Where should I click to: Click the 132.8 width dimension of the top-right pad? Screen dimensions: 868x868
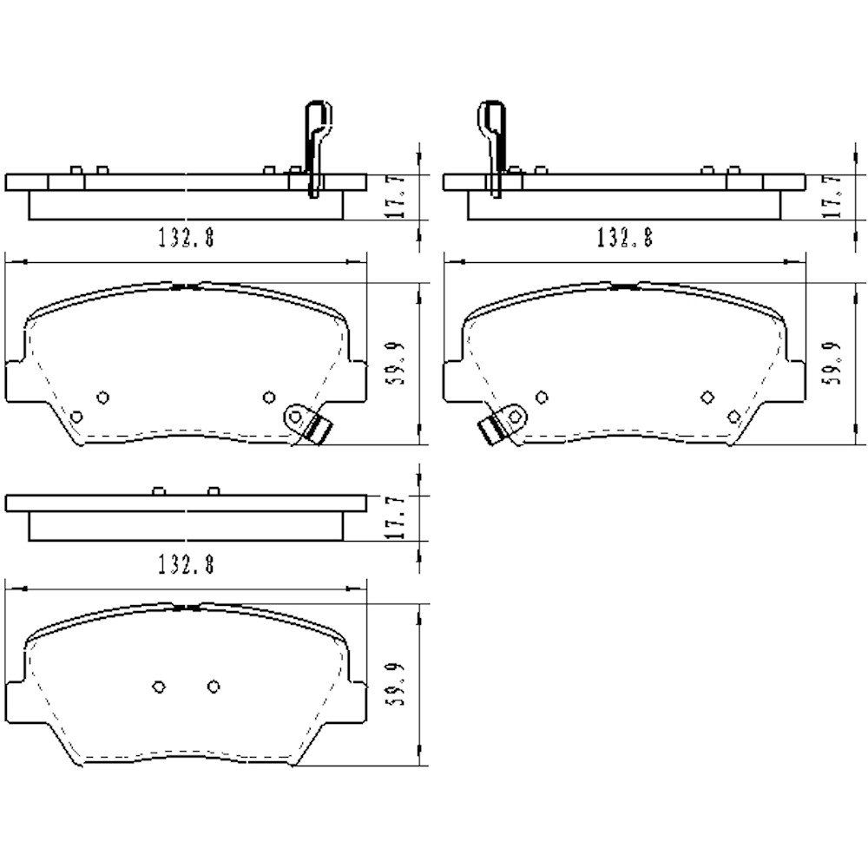pyautogui.click(x=624, y=237)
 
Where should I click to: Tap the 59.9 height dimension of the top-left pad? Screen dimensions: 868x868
pyautogui.click(x=400, y=364)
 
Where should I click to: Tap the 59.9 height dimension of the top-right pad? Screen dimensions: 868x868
pyautogui.click(x=838, y=364)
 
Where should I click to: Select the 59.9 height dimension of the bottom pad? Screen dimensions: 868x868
pyautogui.click(x=400, y=686)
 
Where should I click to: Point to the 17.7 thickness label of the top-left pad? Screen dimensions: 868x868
pyautogui.click(x=400, y=196)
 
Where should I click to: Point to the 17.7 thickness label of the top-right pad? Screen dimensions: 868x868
pyautogui.click(x=838, y=196)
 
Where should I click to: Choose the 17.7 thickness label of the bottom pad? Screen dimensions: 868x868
pyautogui.click(x=400, y=518)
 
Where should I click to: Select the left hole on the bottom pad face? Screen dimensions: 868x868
pyautogui.click(x=158, y=687)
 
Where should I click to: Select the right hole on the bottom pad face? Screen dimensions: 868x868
pyautogui.click(x=213, y=687)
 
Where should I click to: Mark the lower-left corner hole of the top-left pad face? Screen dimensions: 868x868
pyautogui.click(x=76, y=417)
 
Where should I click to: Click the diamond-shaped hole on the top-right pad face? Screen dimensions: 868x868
pyautogui.click(x=707, y=397)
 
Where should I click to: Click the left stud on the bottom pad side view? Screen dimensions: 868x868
pyautogui.click(x=158, y=491)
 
